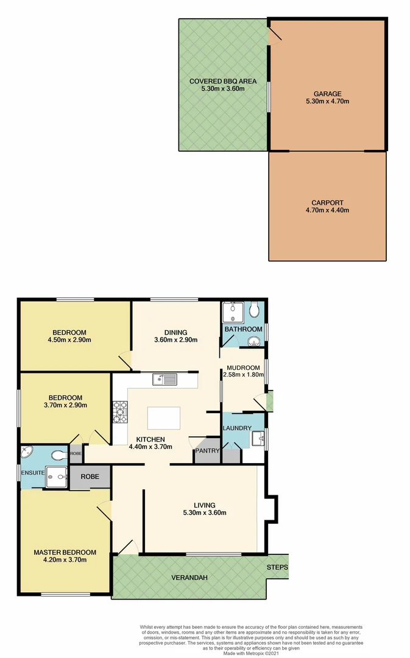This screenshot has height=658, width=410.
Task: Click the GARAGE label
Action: (x=327, y=94)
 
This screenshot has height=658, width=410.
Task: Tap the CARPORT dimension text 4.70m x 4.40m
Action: (x=327, y=210)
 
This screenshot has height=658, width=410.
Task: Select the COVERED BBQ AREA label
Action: (x=222, y=81)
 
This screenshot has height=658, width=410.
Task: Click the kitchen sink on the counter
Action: (x=165, y=380)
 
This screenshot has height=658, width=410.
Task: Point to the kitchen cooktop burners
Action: (x=119, y=412)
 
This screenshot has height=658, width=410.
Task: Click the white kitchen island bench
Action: (x=163, y=419)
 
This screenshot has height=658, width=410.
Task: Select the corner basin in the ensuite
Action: (x=28, y=453)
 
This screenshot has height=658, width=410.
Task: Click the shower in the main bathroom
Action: (x=231, y=312)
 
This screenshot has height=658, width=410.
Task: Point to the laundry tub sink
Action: (x=258, y=437)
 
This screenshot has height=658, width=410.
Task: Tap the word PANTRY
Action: (x=207, y=451)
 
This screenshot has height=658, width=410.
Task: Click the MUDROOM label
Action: (x=243, y=368)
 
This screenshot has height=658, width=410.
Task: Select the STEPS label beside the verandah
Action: (x=277, y=568)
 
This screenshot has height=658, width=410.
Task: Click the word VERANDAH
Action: (x=187, y=577)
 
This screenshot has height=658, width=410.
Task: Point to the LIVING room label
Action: (x=205, y=504)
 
